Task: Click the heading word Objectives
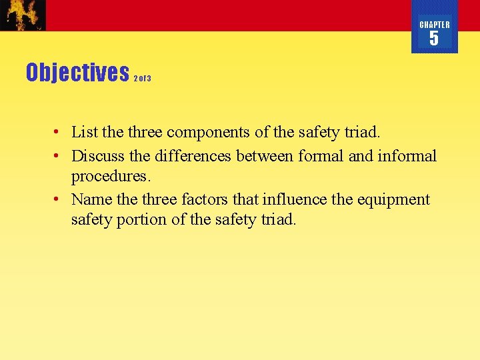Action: click(x=77, y=72)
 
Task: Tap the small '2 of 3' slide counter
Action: click(x=142, y=79)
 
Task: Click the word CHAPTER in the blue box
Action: click(x=435, y=25)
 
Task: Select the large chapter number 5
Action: click(x=434, y=39)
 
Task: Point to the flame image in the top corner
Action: click(x=23, y=15)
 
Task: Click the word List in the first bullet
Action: click(x=83, y=132)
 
